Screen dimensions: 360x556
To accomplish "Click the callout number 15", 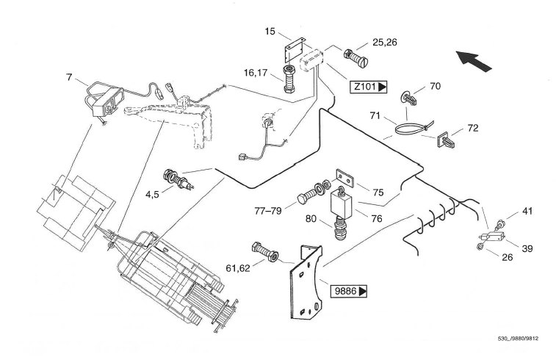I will coord(270,32).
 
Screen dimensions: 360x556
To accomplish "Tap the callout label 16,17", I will coord(258,73).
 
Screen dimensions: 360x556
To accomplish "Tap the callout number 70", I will coord(435,86).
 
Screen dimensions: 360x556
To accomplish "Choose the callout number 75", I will coord(378,192).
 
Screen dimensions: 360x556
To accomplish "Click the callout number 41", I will coord(527,212).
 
